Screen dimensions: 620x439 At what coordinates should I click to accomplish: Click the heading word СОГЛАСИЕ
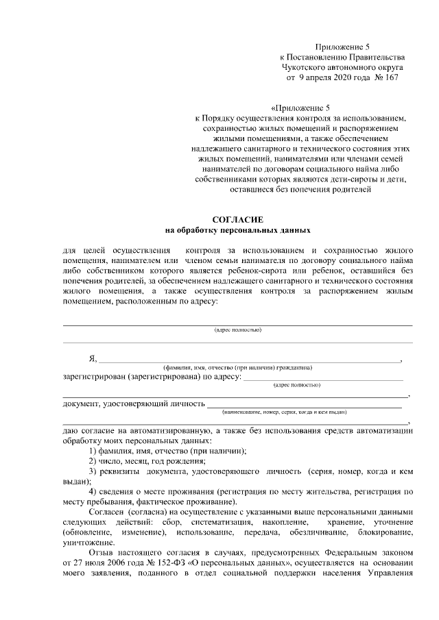pyautogui.click(x=238, y=218)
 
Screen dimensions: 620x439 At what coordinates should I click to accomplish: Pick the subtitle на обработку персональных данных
pyautogui.click(x=238, y=230)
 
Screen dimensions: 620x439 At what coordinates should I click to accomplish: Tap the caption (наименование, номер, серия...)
pyautogui.click(x=284, y=412)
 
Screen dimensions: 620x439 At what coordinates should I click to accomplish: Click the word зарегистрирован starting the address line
pyautogui.click(x=94, y=376)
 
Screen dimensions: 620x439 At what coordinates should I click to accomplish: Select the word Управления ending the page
pyautogui.click(x=388, y=573)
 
